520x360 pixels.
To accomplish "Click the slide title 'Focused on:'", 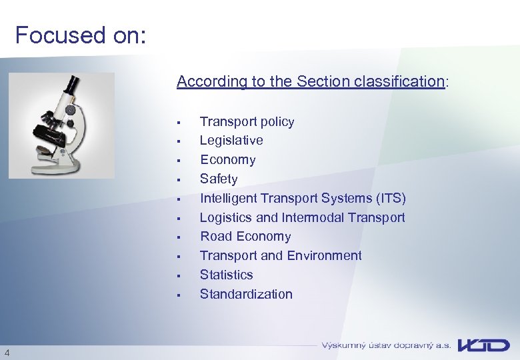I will pyautogui.click(x=80, y=35).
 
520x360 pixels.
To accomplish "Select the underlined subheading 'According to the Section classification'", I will pyautogui.click(x=311, y=81).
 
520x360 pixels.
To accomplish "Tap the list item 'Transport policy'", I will pyautogui.click(x=247, y=121).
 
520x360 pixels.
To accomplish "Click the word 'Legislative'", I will pyautogui.click(x=231, y=141).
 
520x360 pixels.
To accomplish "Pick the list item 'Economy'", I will pyautogui.click(x=227, y=160).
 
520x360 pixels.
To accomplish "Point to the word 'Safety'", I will pyautogui.click(x=219, y=179).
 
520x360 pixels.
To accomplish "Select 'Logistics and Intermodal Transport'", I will pyautogui.click(x=302, y=217).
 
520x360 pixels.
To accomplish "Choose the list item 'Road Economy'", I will pyautogui.click(x=245, y=237).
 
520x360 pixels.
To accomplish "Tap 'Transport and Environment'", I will pyautogui.click(x=281, y=256).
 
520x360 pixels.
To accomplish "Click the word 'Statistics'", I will pyautogui.click(x=226, y=275).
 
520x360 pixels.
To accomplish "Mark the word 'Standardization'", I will pyautogui.click(x=246, y=294).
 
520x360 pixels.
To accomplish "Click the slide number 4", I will pyautogui.click(x=6, y=353).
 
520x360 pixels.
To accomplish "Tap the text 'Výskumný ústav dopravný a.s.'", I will pyautogui.click(x=386, y=345).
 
